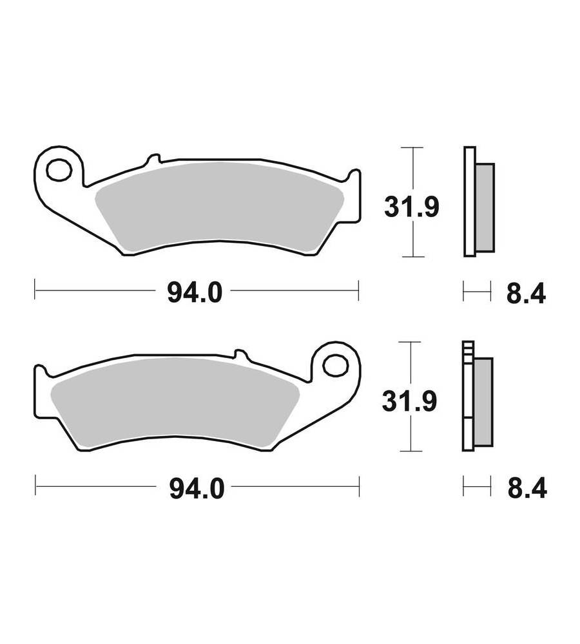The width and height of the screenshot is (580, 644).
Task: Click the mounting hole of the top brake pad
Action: click(x=59, y=169)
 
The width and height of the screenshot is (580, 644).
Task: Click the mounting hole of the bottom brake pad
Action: click(x=335, y=365)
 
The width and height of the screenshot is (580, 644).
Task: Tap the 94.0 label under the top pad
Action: click(x=195, y=293)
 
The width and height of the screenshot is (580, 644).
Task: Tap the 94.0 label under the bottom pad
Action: click(x=197, y=489)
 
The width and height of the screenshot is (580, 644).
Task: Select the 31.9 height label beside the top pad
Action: click(x=411, y=207)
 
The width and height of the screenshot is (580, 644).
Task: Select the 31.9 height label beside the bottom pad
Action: click(x=409, y=401)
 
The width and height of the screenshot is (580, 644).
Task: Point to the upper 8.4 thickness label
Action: click(x=526, y=293)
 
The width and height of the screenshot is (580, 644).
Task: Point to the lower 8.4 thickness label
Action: click(x=527, y=489)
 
